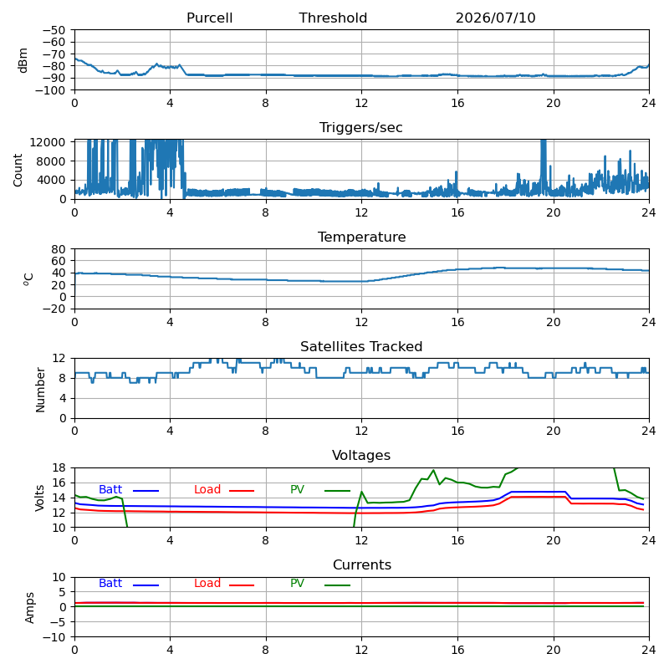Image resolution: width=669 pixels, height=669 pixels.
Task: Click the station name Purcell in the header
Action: pos(210,18)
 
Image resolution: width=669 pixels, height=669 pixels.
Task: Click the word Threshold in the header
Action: pos(333,18)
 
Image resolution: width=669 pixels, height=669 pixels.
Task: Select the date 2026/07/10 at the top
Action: pos(495,18)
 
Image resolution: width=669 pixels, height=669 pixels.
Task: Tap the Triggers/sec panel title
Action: pos(361,128)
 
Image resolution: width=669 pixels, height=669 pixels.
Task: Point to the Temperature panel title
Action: pos(362,237)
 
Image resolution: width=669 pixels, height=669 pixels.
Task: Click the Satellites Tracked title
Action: pos(361,346)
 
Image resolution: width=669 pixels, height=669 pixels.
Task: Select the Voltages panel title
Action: pos(361,455)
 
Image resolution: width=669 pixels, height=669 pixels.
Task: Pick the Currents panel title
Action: pos(362,565)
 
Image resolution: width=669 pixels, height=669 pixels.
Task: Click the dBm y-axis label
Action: pos(23,60)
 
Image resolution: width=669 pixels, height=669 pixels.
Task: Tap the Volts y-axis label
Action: pos(39,498)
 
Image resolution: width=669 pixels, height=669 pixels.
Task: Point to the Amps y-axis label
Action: pos(29,608)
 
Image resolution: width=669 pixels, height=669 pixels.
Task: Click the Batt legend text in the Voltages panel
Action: pos(110,489)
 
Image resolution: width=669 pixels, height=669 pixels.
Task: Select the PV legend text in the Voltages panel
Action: pos(298,489)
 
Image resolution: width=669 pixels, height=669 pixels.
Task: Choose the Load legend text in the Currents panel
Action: pos(207,583)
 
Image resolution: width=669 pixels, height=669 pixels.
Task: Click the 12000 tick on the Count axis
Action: pos(48,142)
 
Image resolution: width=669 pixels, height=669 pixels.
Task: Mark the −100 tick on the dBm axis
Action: pos(50,90)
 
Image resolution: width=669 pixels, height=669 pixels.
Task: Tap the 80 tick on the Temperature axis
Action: pos(59,248)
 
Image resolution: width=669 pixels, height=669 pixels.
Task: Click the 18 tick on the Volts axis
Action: pos(59,467)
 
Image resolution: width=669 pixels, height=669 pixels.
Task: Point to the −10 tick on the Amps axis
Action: pos(54,637)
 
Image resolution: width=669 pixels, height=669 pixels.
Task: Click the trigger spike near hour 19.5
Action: pos(543,166)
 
